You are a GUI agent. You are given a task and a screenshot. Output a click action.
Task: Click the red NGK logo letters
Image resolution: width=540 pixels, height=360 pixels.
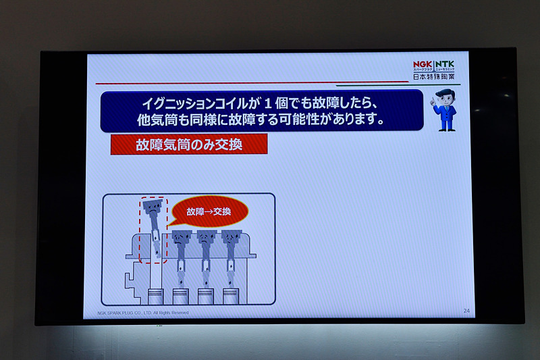424,65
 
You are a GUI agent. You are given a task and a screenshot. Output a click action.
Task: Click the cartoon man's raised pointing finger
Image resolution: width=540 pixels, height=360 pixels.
433,98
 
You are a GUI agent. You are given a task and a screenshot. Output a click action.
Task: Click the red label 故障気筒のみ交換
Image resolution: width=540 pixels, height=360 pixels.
188,145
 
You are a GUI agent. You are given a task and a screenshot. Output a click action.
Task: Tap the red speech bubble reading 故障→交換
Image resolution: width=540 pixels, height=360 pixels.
209,212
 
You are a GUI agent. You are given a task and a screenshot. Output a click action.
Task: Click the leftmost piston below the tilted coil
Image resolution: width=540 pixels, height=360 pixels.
155,297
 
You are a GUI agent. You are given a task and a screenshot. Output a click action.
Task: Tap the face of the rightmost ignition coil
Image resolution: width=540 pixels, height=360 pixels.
230,238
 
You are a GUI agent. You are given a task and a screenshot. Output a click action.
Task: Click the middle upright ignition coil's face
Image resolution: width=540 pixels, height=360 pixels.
205,238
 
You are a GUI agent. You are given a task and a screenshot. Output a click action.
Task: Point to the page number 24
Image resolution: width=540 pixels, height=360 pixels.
466,311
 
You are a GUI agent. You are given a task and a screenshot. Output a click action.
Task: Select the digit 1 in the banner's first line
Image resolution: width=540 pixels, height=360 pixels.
267,104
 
